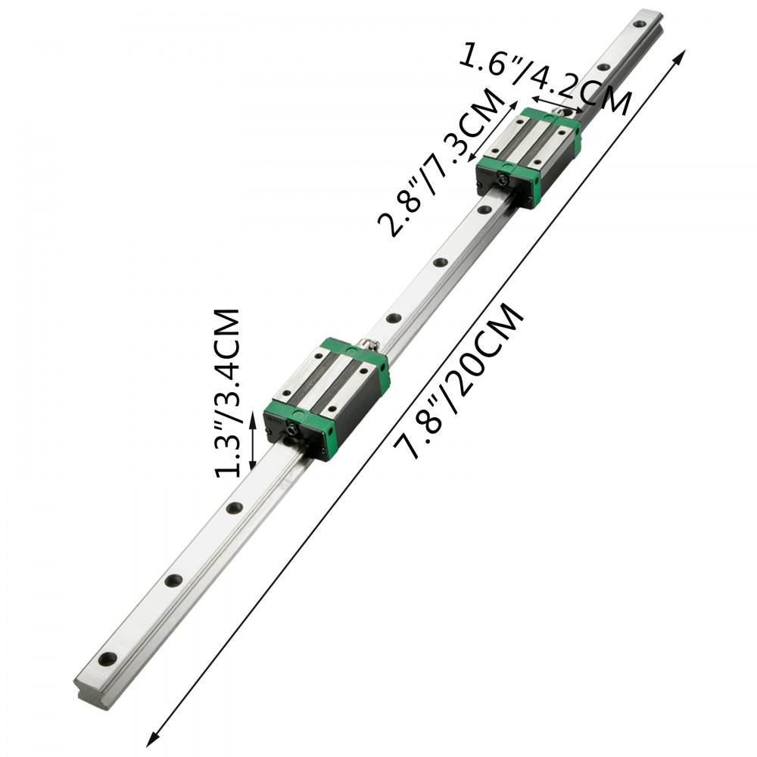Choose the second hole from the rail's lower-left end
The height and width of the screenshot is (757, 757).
tap(173, 581)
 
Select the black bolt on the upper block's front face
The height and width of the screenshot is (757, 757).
tap(501, 179)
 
